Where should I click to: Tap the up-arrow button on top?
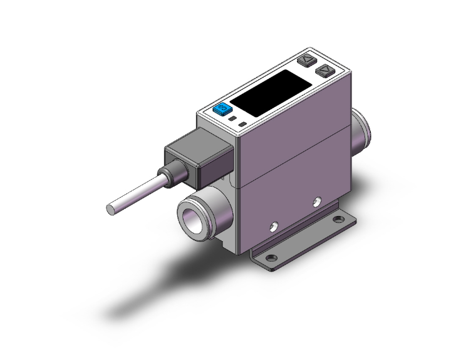pos(306,61)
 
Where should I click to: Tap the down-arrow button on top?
pos(325,71)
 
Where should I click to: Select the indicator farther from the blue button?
pos(242,125)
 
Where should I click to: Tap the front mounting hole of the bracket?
pos(271,257)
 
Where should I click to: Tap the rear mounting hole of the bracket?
pos(339,220)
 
